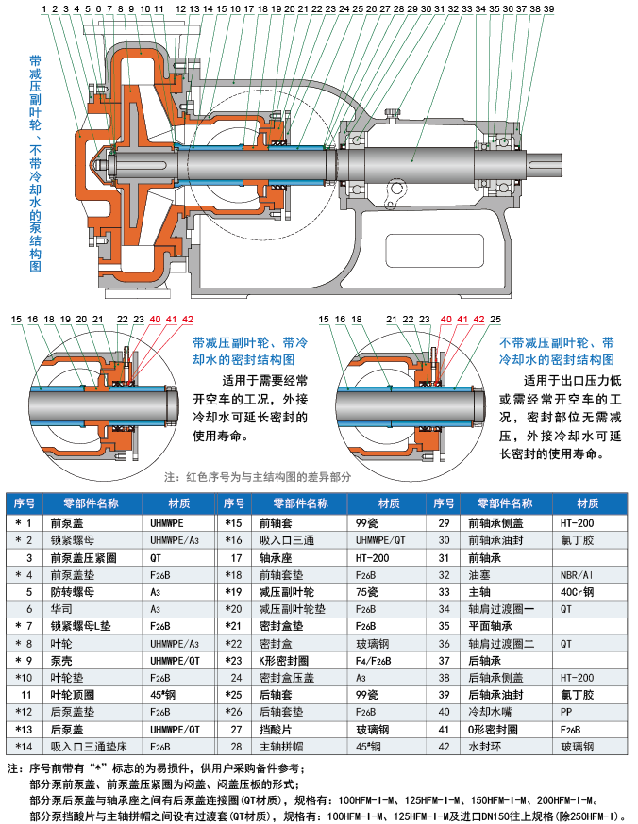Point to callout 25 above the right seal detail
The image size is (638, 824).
click(495, 320)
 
